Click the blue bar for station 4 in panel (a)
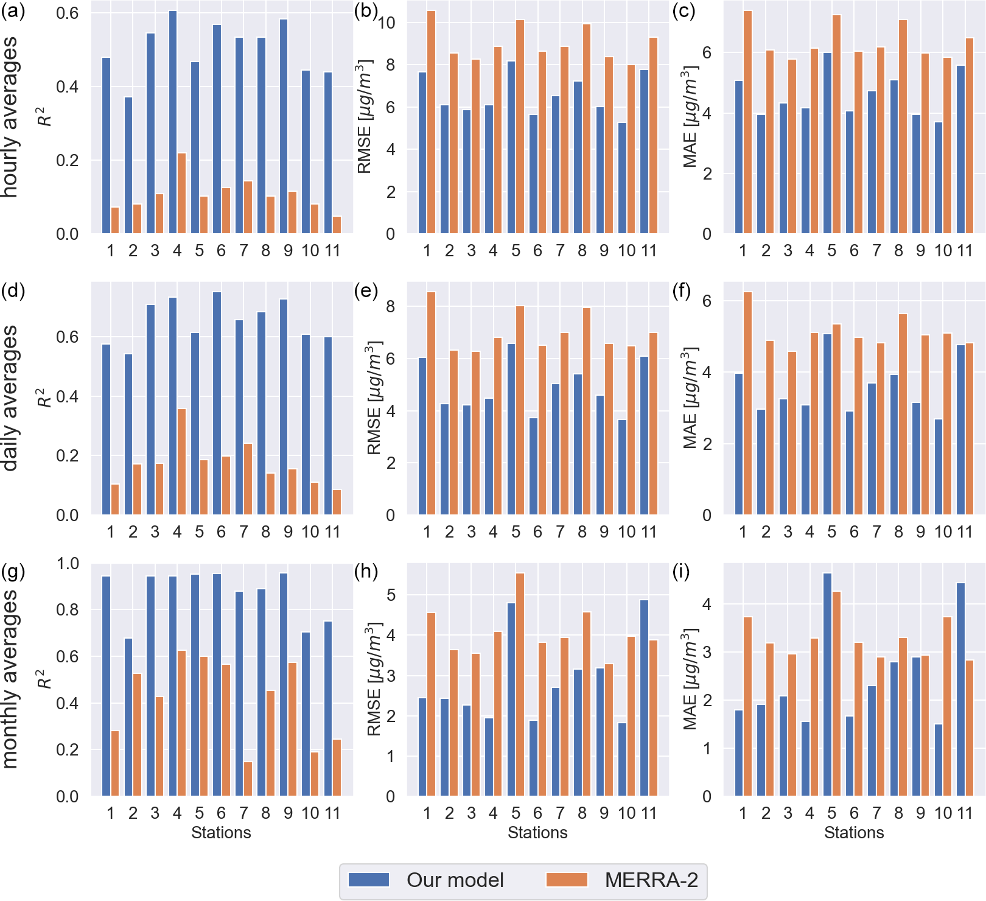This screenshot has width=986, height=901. (x=173, y=122)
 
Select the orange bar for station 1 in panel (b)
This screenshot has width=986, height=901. (x=431, y=122)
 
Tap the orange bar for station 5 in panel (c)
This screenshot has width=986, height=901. (x=836, y=124)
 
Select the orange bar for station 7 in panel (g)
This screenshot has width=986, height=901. (x=248, y=779)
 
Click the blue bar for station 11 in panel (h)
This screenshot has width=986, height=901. (x=644, y=698)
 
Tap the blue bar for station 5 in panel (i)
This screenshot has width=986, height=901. (x=827, y=684)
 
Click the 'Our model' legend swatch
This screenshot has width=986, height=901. (x=369, y=880)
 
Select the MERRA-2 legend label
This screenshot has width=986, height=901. (x=651, y=880)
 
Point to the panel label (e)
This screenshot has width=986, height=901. (x=366, y=291)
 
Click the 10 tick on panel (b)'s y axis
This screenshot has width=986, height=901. (x=387, y=23)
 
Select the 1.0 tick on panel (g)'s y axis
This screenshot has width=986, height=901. (x=68, y=563)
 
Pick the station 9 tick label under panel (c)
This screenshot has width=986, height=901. (x=920, y=251)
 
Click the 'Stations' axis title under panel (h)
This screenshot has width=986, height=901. (x=537, y=833)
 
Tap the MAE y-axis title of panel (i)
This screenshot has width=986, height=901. (x=691, y=679)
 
